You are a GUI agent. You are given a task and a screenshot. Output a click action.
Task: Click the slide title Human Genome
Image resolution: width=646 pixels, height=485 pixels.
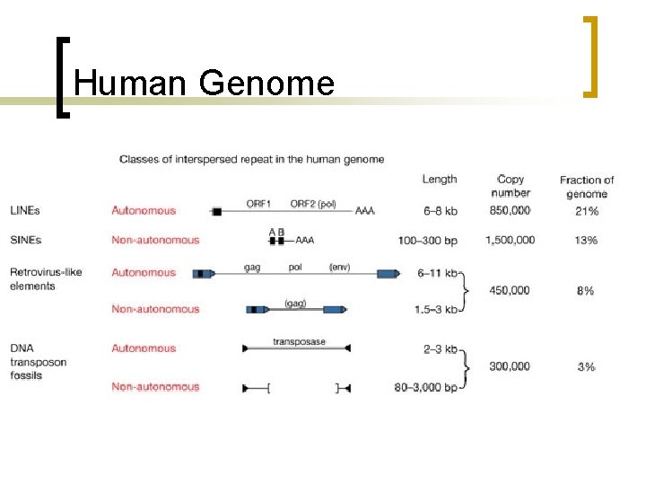[205, 84]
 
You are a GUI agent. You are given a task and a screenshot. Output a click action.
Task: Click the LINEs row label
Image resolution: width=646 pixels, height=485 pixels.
[25, 211]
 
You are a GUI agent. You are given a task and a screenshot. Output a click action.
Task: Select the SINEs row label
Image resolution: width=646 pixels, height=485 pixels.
[26, 240]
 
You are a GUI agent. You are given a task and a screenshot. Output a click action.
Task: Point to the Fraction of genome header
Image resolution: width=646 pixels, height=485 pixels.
[587, 187]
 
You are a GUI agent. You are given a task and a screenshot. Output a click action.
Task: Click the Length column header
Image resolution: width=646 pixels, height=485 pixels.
[440, 180]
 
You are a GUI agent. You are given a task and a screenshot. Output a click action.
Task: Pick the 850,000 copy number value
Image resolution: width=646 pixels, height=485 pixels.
[511, 211]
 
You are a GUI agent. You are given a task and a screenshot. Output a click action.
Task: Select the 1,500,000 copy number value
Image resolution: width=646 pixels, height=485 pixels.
[510, 240]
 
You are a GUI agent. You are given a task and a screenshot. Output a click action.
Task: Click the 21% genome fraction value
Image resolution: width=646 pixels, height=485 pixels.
[586, 211]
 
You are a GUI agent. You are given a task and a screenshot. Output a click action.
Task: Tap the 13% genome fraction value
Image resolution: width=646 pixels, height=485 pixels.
[586, 240]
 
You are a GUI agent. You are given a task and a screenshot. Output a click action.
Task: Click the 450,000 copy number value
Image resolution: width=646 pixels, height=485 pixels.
[511, 290]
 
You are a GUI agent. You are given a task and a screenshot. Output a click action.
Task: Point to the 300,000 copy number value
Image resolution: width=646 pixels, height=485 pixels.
[511, 366]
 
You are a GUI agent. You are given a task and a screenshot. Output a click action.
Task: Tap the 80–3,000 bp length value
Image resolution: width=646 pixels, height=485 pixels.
[425, 387]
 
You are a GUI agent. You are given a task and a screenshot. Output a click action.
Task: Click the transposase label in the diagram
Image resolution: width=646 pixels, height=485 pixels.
[299, 342]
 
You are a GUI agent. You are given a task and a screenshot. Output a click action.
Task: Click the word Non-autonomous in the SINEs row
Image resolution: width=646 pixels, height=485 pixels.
[155, 240]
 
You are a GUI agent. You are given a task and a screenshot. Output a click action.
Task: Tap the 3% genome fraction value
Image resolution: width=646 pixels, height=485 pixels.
[586, 366]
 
